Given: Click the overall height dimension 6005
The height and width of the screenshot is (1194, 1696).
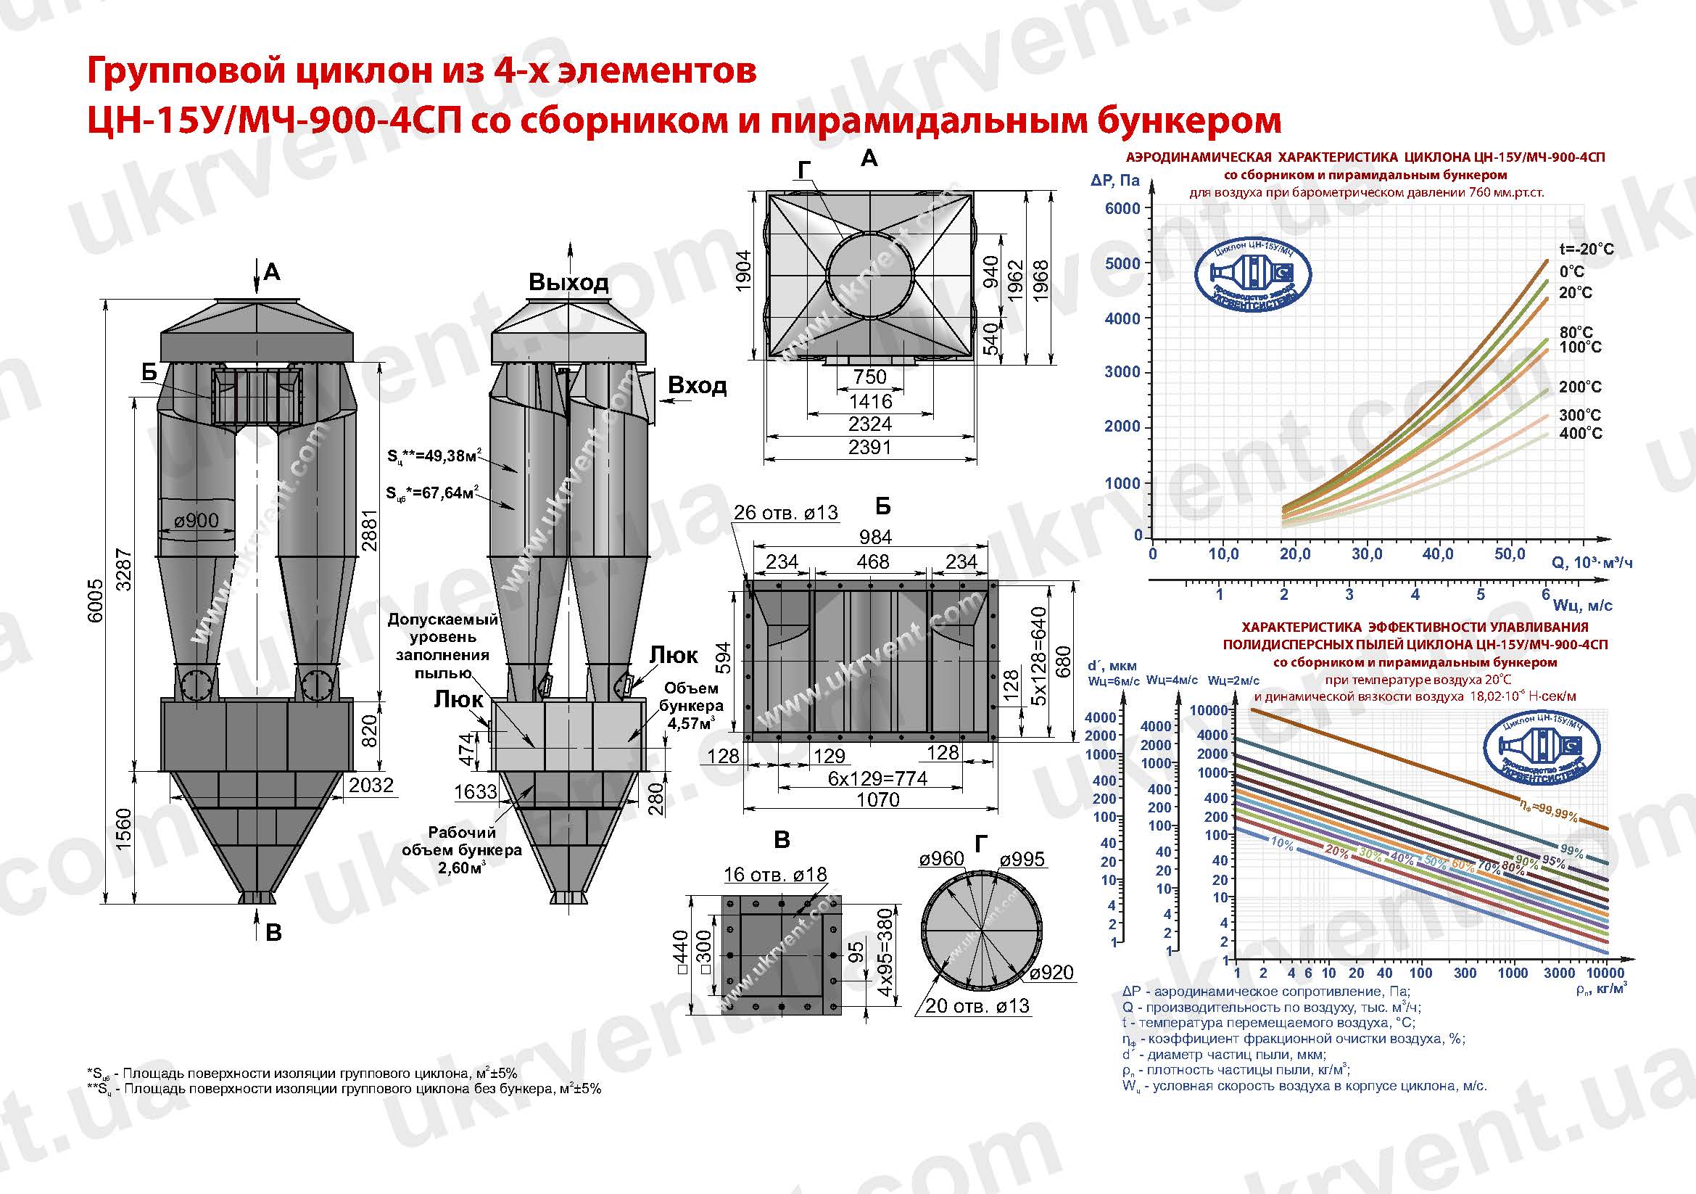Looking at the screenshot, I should click(x=95, y=601).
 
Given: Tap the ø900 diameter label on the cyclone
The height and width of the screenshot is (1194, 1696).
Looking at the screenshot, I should click(x=197, y=521).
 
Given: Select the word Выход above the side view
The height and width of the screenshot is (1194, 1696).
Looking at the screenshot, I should click(x=568, y=282).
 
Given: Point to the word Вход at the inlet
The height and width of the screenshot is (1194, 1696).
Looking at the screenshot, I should click(x=697, y=386).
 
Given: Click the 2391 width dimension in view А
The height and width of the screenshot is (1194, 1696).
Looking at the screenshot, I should click(x=869, y=447).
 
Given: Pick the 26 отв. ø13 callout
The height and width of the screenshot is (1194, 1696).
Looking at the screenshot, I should click(x=786, y=513).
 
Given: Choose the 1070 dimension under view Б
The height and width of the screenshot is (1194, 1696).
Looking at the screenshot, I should click(x=877, y=799).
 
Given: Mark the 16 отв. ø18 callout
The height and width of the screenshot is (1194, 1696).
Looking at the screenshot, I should click(x=775, y=875).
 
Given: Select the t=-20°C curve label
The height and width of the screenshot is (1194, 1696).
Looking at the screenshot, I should click(x=1586, y=249).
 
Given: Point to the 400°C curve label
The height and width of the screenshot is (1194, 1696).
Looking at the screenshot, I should click(x=1581, y=433).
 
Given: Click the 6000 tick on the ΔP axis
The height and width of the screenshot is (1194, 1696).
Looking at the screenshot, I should click(x=1122, y=208).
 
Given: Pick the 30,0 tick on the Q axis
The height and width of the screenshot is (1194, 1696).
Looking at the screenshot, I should click(x=1367, y=554).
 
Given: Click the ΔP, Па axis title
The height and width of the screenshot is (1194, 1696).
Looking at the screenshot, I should click(x=1114, y=181).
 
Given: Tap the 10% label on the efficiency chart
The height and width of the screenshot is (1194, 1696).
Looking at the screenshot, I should click(x=1281, y=843).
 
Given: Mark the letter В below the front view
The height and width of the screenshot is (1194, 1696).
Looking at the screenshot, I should click(x=273, y=932).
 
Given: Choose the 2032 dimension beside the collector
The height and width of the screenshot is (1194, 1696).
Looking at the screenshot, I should click(x=371, y=785).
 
